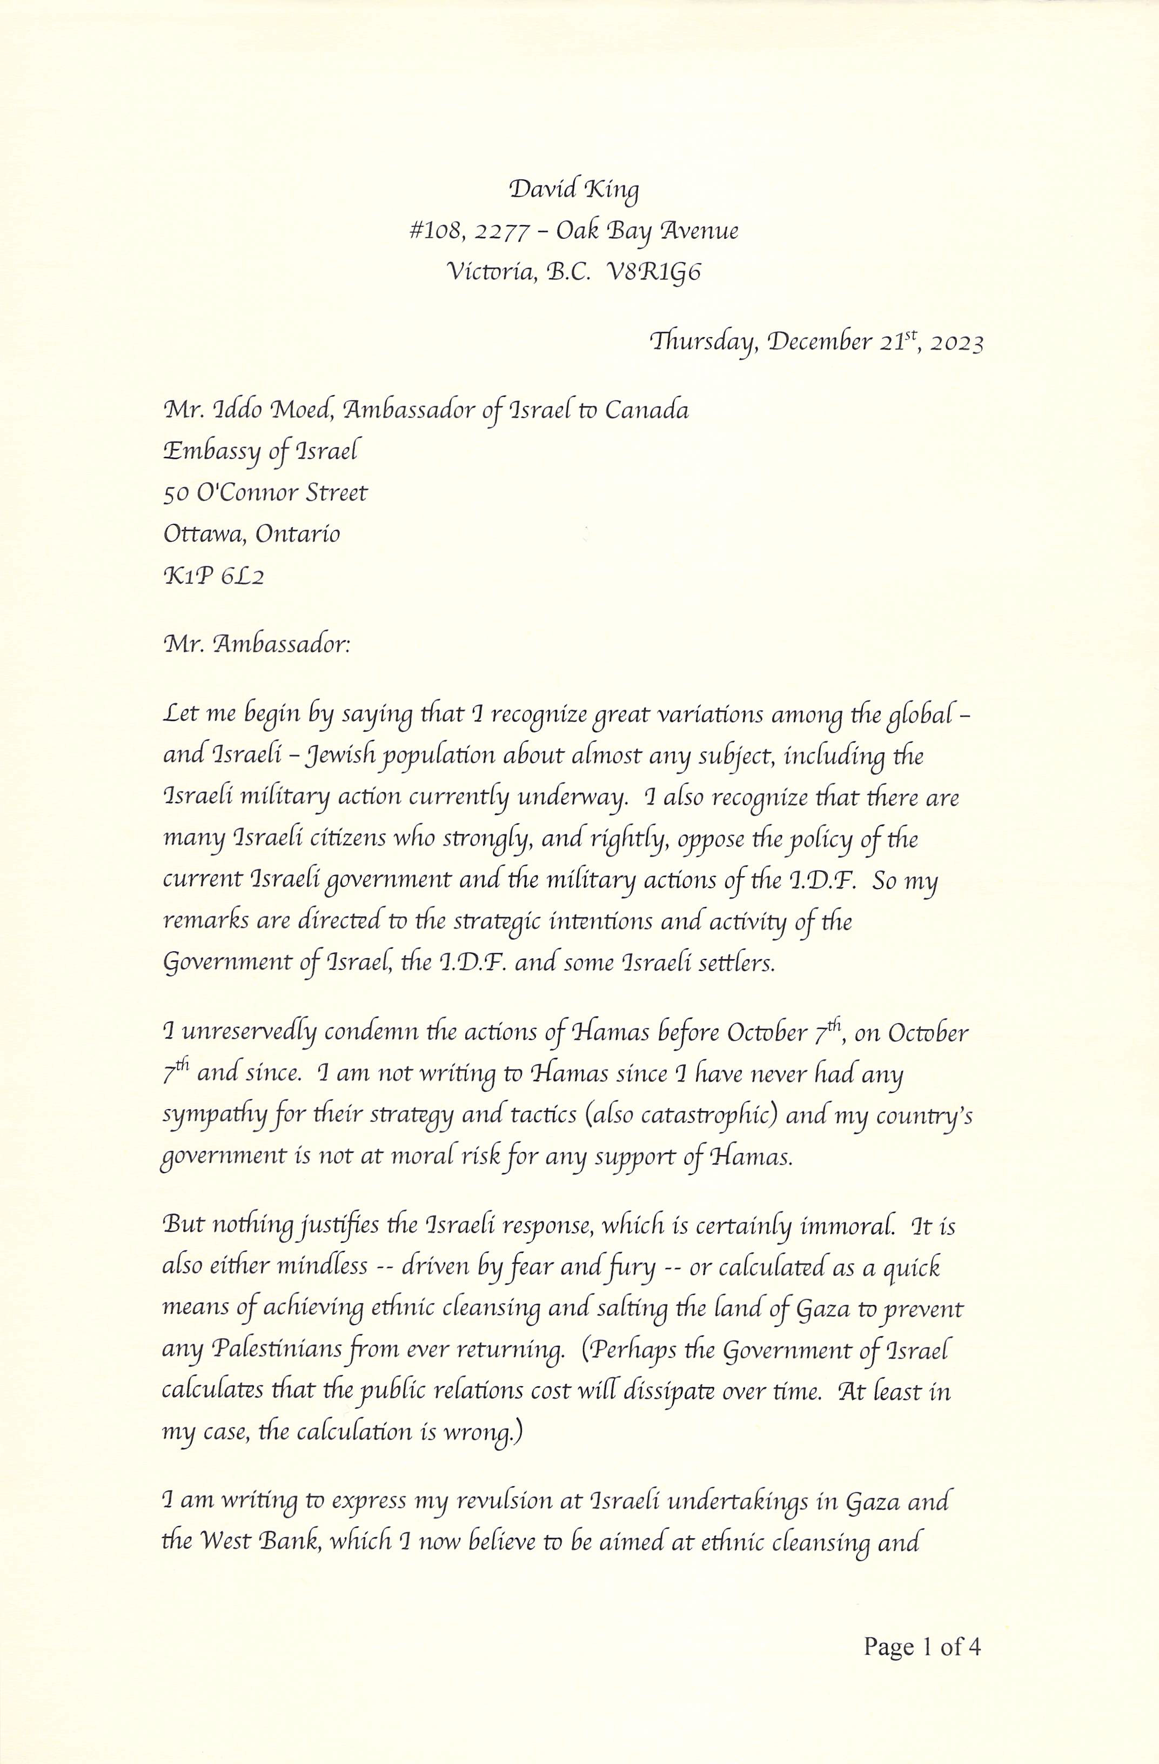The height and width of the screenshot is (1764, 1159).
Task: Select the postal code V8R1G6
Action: tap(654, 273)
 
